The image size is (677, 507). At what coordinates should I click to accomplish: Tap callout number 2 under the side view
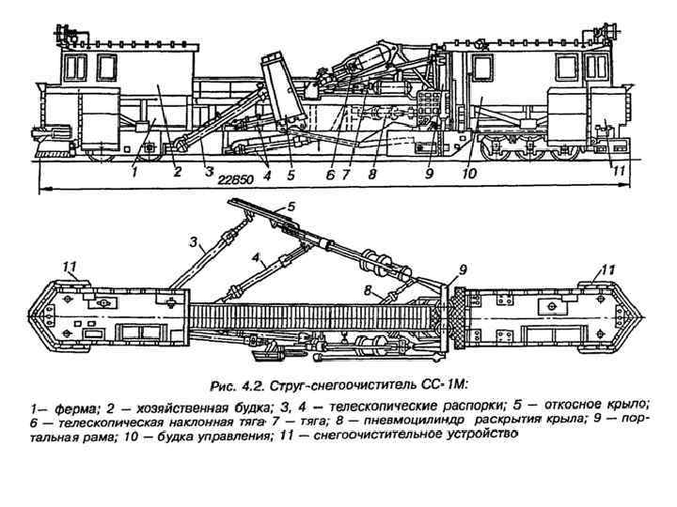click(177, 172)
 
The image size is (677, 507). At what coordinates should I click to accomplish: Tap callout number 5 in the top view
click(291, 204)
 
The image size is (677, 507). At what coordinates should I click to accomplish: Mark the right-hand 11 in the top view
click(608, 269)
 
